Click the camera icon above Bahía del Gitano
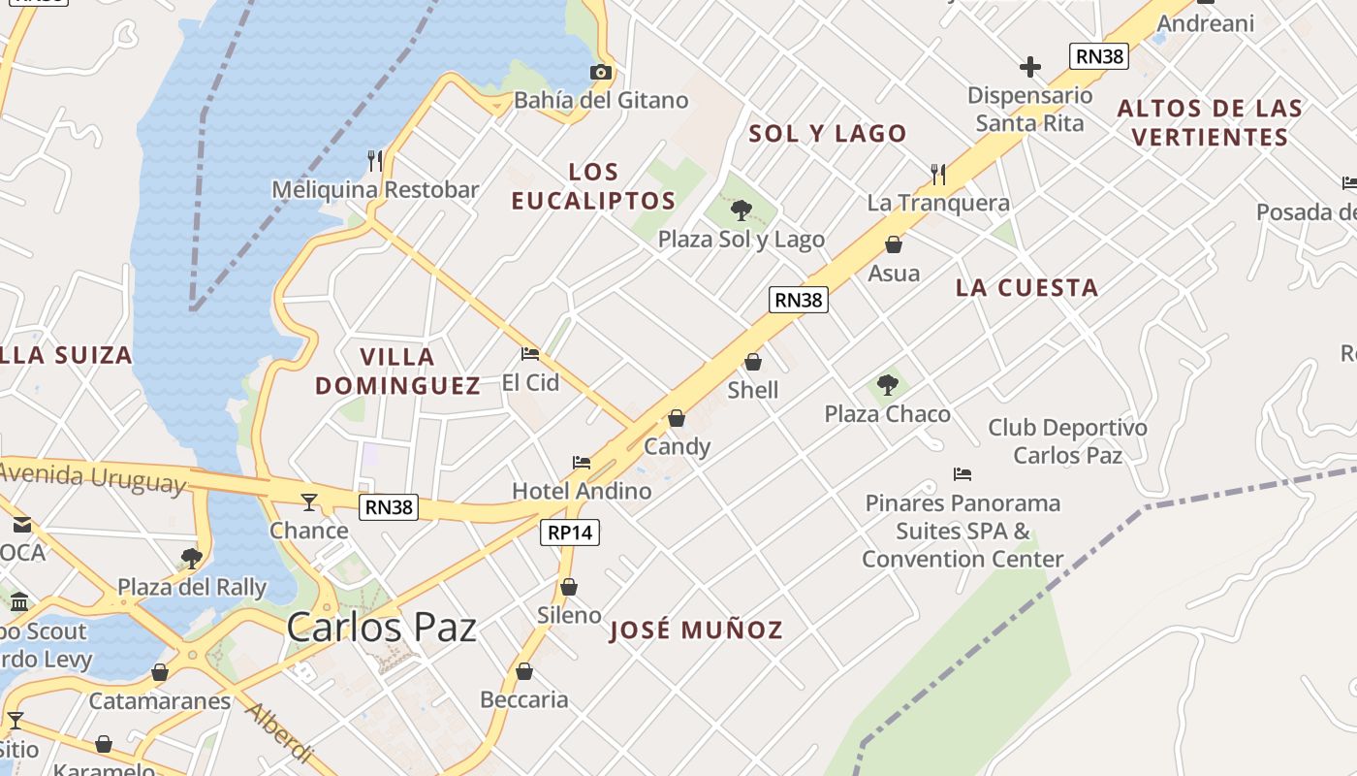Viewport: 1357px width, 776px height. [601, 72]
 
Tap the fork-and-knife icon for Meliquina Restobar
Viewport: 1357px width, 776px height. [375, 160]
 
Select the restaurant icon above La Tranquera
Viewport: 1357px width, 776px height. [938, 175]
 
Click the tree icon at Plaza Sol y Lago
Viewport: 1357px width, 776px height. [742, 210]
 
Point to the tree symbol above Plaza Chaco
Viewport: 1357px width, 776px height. [887, 385]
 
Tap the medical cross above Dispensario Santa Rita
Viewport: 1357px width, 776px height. [1030, 67]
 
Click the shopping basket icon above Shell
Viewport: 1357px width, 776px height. [753, 362]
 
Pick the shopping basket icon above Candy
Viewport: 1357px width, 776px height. [677, 418]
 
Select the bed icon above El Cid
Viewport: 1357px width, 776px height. [529, 353]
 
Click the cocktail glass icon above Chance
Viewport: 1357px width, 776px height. [309, 501]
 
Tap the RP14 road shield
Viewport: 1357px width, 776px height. [570, 533]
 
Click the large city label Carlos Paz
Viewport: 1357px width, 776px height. [382, 628]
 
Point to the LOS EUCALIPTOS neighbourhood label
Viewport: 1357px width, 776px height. [593, 186]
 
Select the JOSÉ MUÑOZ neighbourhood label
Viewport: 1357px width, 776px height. [696, 630]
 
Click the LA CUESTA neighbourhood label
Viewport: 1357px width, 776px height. [1026, 287]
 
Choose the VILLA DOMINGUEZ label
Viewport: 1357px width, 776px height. [397, 371]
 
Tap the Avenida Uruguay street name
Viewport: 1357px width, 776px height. [92, 477]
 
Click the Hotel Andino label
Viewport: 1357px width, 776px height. [582, 491]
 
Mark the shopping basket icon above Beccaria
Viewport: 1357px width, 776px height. [524, 671]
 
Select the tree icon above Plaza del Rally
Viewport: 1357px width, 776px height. [191, 558]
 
